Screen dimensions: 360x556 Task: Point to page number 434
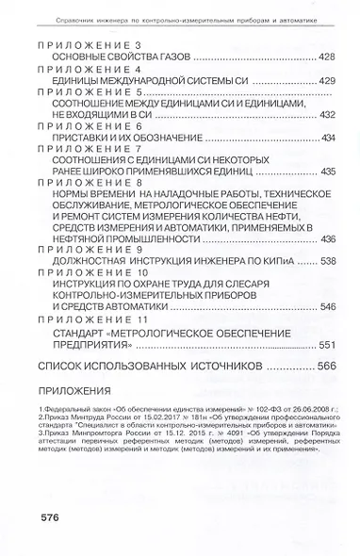point(327,138)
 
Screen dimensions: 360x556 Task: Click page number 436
point(327,238)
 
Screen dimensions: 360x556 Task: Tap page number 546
point(327,306)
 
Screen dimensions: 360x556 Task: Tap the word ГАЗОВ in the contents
point(166,57)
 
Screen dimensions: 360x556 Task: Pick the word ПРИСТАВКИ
point(74,138)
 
